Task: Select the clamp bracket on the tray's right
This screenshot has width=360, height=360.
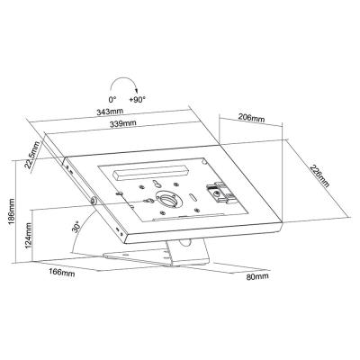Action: tap(216, 192)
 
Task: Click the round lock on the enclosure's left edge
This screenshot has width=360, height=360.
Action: tap(93, 198)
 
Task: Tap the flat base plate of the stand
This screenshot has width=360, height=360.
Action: tap(144, 259)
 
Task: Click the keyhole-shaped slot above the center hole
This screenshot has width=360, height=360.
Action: tap(161, 184)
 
